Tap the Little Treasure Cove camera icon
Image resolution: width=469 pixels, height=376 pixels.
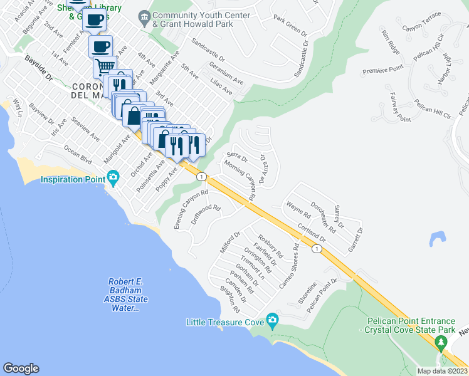click(272, 322)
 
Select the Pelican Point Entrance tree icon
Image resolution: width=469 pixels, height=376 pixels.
click(441, 343)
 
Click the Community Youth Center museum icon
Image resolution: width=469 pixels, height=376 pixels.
click(145, 19)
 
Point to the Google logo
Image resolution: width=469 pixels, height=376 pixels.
click(21, 368)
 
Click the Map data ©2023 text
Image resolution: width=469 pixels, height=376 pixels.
click(441, 370)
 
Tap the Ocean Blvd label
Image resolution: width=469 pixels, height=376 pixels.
click(78, 157)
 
